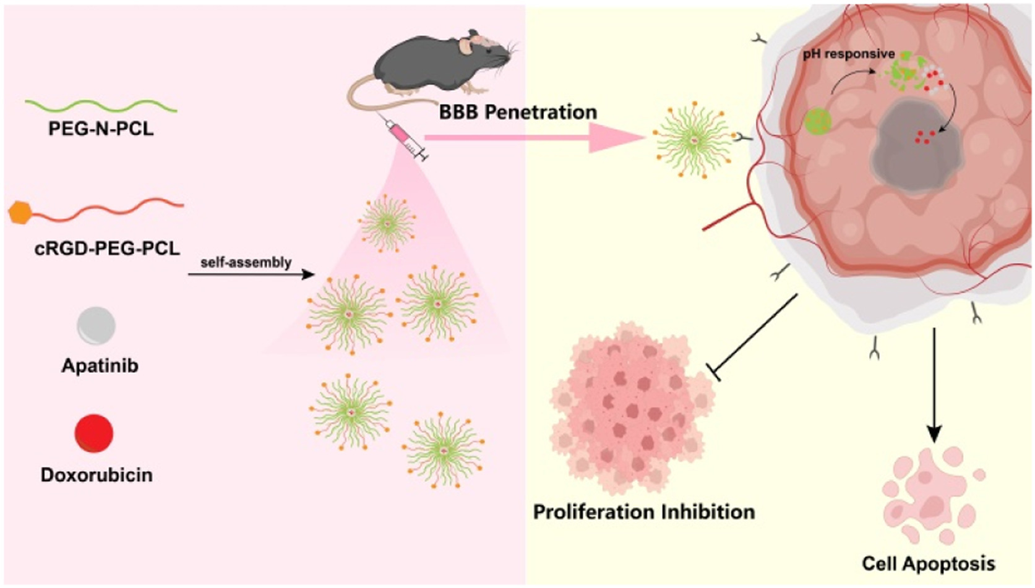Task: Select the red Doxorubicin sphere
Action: click(94, 433)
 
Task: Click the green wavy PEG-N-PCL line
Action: click(101, 105)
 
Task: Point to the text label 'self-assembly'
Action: click(246, 262)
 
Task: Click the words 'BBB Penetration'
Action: click(518, 112)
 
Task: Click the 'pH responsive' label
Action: click(848, 54)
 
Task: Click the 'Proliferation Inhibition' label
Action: click(643, 512)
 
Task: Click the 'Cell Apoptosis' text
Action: click(928, 563)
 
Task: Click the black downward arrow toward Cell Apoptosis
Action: click(934, 383)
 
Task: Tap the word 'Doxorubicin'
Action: click(97, 475)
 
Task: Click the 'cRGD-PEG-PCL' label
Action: click(107, 249)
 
